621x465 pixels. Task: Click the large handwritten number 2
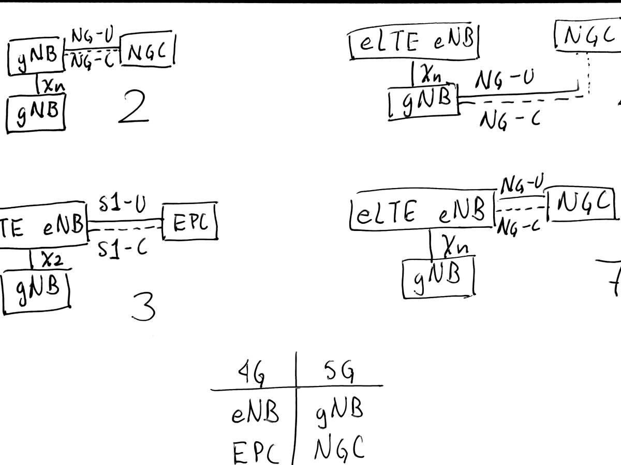(134, 107)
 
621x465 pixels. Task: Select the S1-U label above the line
(123, 207)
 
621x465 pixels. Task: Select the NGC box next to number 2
(147, 52)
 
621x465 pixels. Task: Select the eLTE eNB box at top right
(412, 42)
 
